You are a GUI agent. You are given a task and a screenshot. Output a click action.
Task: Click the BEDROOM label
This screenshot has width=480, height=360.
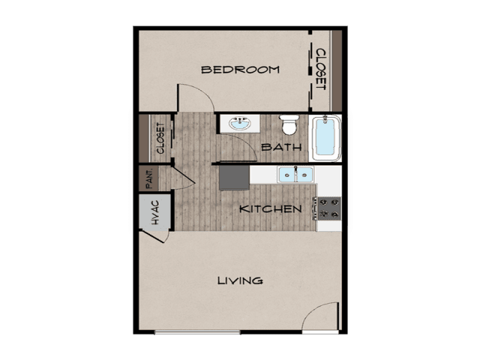coord(240,70)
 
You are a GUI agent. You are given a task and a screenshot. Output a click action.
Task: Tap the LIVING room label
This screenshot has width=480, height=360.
coord(240,280)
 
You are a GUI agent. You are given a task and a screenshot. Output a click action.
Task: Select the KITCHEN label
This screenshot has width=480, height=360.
coord(271,209)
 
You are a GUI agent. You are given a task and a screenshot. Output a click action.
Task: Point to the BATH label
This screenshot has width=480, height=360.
coord(282,147)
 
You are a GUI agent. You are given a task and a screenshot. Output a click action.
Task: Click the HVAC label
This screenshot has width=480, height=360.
coord(155,212)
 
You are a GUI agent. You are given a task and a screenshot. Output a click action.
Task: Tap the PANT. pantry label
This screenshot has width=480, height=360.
coord(149,178)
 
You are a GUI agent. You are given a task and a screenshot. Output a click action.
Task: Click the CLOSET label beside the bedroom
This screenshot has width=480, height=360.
coord(320,69)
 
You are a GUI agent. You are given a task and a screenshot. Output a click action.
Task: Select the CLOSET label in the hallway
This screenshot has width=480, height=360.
coord(160,138)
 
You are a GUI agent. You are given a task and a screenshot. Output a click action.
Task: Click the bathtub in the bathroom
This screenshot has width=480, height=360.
coord(325,138)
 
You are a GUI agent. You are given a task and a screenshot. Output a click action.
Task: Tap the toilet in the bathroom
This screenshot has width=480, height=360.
coord(289,125)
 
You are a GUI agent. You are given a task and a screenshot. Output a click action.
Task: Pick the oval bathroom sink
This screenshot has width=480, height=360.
coord(240,123)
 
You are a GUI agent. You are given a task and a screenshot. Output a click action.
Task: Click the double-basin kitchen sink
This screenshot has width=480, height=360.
coord(295,175)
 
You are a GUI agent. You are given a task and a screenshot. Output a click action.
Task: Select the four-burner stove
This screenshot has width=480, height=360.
coord(328,208)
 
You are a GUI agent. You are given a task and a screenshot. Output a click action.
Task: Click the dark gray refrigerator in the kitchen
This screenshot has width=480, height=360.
coord(234,178)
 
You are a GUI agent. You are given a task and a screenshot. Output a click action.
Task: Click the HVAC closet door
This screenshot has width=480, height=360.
coord(153,236)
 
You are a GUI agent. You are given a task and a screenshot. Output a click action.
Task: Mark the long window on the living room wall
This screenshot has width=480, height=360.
coord(197,331)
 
